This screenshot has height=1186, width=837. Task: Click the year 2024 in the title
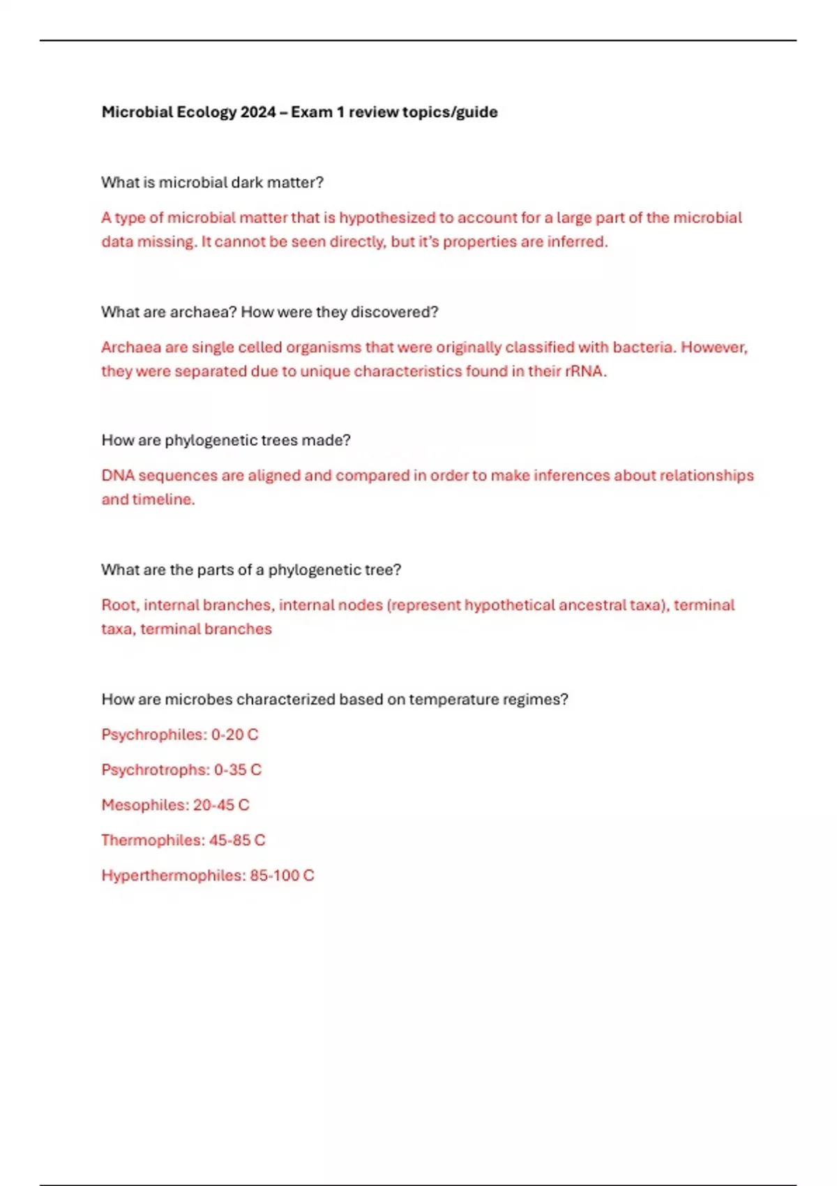257,112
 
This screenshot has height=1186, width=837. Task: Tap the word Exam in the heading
311,112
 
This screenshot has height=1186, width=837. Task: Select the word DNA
118,476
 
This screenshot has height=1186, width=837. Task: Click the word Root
119,605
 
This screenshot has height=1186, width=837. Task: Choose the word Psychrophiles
153,735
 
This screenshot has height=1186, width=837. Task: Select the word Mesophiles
144,805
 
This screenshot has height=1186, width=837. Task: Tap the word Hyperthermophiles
173,876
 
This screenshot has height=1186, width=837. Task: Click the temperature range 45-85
229,841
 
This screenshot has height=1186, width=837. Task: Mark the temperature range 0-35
229,770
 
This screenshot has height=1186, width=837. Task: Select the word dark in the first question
247,183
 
